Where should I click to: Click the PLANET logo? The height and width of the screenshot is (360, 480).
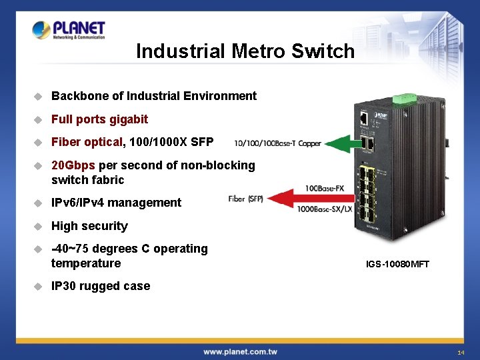pyautogui.click(x=69, y=30)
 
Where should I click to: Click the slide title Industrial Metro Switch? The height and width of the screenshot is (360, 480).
pyautogui.click(x=245, y=51)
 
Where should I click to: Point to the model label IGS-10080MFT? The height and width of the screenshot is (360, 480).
pyautogui.click(x=397, y=265)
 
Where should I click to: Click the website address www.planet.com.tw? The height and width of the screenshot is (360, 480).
pyautogui.click(x=240, y=351)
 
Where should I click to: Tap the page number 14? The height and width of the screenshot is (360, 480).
pyautogui.click(x=460, y=352)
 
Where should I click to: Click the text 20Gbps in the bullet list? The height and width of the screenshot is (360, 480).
pyautogui.click(x=73, y=165)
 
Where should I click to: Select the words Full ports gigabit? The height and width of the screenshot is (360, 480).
pyautogui.click(x=99, y=119)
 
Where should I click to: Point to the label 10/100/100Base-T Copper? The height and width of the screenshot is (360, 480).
pyautogui.click(x=277, y=143)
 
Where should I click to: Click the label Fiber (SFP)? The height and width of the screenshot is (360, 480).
pyautogui.click(x=246, y=199)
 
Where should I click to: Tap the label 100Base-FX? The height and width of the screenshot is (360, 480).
pyautogui.click(x=324, y=189)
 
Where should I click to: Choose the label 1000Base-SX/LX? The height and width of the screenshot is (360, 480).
pyautogui.click(x=325, y=209)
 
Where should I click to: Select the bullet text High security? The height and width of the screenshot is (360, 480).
pyautogui.click(x=89, y=226)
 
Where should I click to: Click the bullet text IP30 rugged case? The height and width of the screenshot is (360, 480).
pyautogui.click(x=101, y=286)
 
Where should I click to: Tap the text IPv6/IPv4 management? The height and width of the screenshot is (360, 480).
pyautogui.click(x=116, y=203)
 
